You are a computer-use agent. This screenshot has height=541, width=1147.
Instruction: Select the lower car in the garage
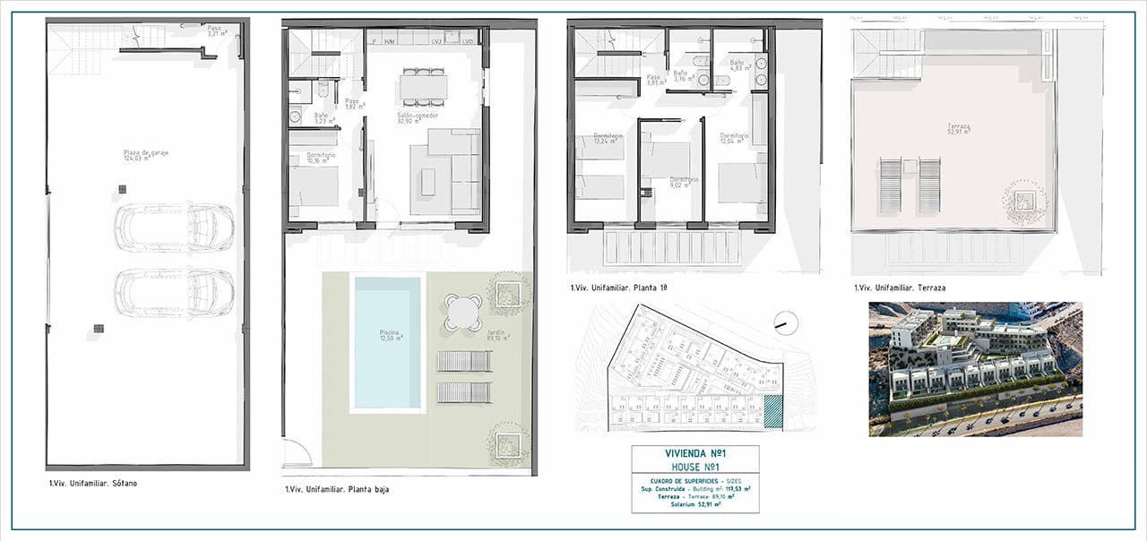(x=174, y=293)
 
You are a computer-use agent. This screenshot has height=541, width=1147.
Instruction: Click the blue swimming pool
(x=387, y=342)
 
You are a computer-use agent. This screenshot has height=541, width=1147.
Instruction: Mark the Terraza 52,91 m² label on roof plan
(x=937, y=131)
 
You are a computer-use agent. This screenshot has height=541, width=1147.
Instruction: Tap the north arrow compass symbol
(x=784, y=321)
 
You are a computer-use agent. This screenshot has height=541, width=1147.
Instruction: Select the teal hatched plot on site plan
(x=772, y=412)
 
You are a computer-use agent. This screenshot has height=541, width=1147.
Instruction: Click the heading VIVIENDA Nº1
(x=694, y=454)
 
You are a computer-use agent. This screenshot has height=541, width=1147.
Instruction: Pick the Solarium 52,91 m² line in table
(x=694, y=504)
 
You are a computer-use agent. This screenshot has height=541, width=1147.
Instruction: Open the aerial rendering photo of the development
(x=975, y=368)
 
